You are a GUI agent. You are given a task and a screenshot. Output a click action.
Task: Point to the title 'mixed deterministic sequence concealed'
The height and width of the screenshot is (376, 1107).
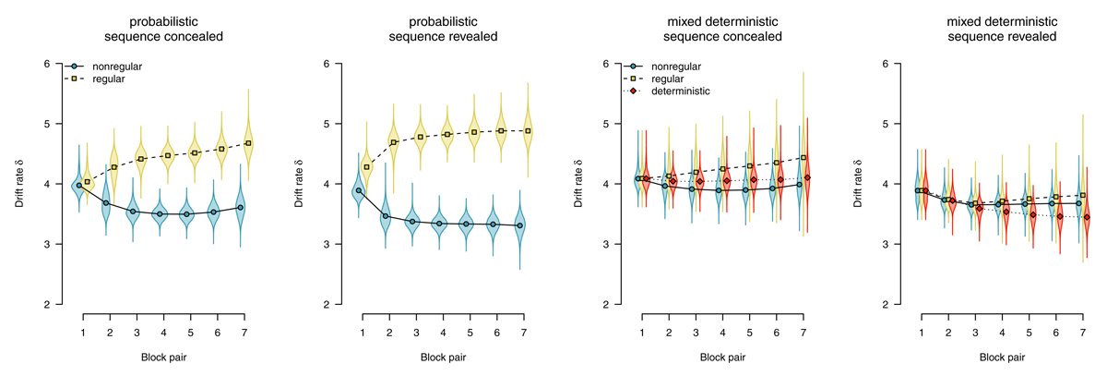722,29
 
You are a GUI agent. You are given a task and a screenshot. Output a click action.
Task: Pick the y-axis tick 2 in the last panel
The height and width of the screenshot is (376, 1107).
885,304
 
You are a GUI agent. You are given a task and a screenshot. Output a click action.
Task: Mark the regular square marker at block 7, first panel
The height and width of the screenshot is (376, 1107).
249,143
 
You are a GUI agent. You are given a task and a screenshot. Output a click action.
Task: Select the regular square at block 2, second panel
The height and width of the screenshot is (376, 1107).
393,142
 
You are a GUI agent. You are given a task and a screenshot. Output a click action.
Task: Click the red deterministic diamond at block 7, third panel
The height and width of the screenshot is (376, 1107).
807,177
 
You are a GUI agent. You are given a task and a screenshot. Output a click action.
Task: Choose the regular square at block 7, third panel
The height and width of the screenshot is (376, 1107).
803,158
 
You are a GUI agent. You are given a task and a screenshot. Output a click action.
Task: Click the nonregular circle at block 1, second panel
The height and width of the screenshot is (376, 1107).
358,190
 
